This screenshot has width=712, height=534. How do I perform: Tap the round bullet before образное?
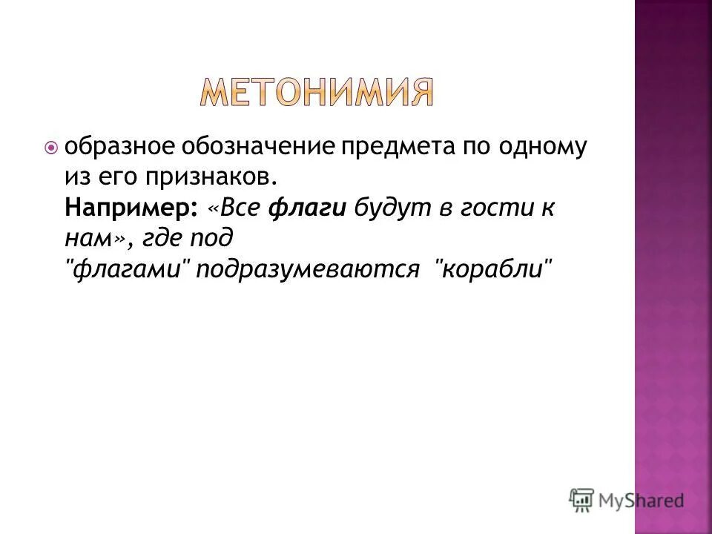click(51, 148)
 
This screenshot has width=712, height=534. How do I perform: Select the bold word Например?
click(127, 208)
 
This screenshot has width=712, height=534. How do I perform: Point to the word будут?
click(388, 208)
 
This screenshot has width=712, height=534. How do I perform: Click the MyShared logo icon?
click(581, 499)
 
